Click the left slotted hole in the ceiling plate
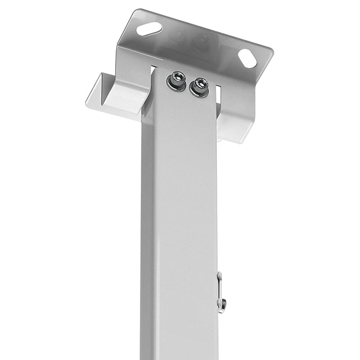point(149,29)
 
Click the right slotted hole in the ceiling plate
point(247,58)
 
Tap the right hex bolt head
point(199,86)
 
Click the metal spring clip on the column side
point(220,292)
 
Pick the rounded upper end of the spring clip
point(219,274)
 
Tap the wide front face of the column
point(184,225)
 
